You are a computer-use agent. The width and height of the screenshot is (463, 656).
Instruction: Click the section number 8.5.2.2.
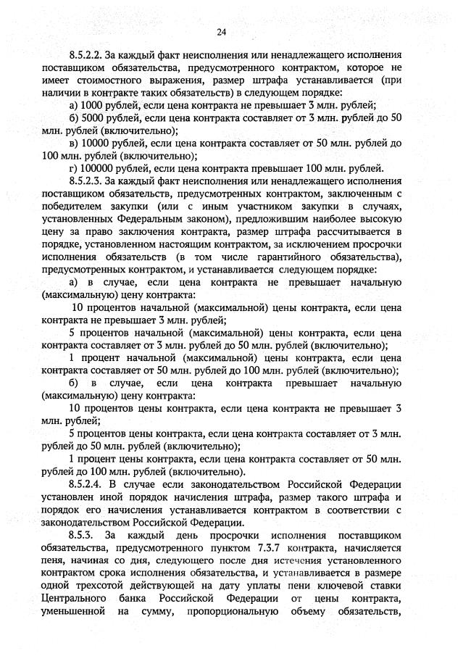[x=85, y=54]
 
